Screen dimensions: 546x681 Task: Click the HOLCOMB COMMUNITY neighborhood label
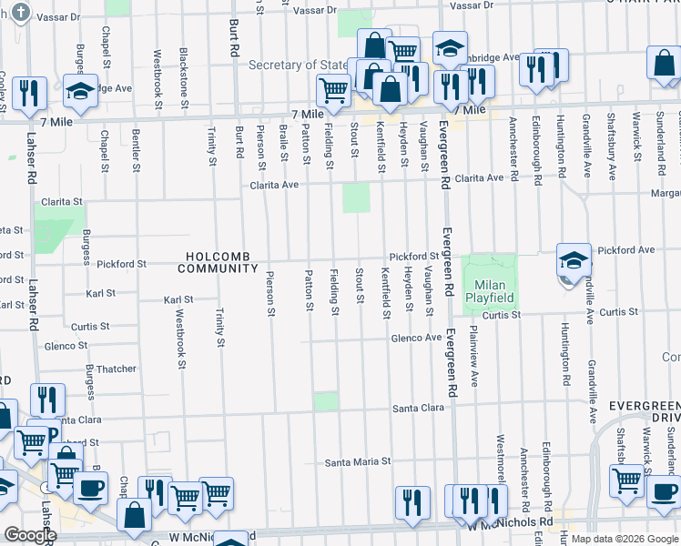point(218,263)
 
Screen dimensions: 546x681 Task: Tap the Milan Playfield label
point(490,290)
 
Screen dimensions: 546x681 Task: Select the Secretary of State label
point(299,65)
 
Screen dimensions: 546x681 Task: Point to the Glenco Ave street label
point(416,338)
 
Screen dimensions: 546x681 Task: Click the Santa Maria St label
point(358,462)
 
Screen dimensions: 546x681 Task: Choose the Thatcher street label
point(116,369)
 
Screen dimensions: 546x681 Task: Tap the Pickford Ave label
point(626,249)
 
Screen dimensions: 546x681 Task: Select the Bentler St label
point(136,150)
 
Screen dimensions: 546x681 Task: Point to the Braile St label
point(283,146)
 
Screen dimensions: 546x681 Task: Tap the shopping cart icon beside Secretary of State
point(334,89)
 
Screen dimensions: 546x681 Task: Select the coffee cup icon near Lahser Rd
point(90,488)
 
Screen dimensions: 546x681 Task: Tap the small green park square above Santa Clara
point(325,401)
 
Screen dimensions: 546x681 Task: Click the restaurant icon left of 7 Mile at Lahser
point(32,93)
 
